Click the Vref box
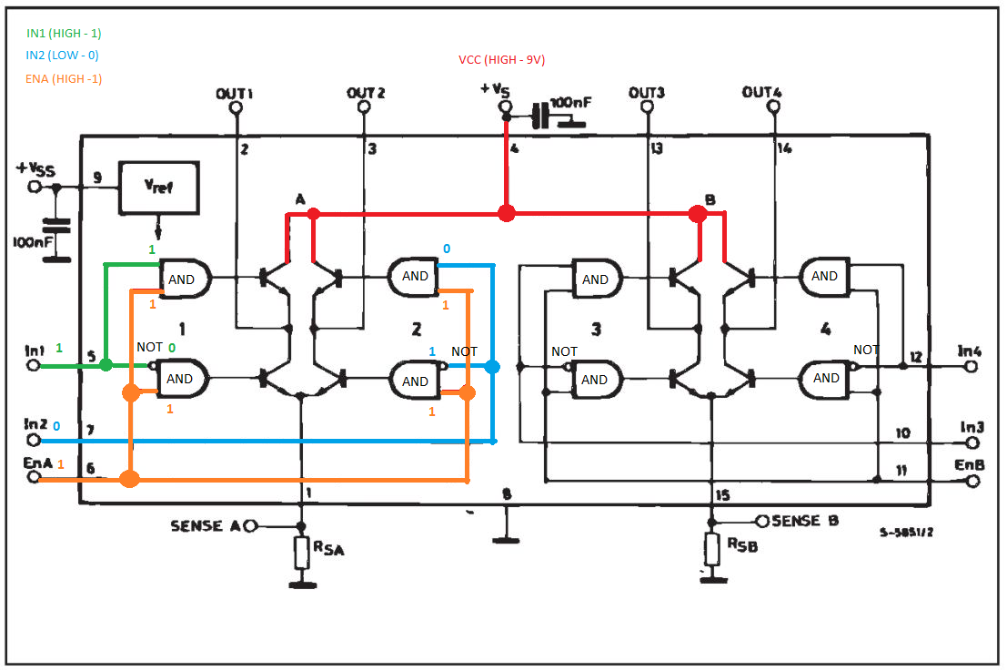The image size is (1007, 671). [x=158, y=188]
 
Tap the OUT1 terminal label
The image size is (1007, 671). [x=235, y=94]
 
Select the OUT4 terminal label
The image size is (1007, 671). [x=761, y=92]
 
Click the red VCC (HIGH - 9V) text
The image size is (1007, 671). [x=501, y=60]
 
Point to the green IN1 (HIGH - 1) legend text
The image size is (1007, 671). [x=64, y=34]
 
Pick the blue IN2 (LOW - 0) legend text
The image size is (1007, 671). [x=62, y=56]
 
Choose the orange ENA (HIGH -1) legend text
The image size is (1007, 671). [x=64, y=78]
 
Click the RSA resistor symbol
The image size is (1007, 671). [x=302, y=552]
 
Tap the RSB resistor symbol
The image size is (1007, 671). [x=711, y=548]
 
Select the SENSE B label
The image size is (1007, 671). [x=805, y=521]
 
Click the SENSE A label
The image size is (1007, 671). [x=206, y=525]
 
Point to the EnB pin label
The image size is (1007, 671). [x=969, y=464]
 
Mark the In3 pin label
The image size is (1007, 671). [x=972, y=427]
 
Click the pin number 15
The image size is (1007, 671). [x=722, y=495]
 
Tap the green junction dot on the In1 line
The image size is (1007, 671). [x=106, y=365]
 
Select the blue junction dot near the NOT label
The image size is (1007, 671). [x=492, y=367]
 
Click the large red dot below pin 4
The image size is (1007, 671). [x=506, y=213]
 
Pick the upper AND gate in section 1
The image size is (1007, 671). [x=185, y=279]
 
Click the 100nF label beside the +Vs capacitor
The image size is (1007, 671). [x=570, y=103]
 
